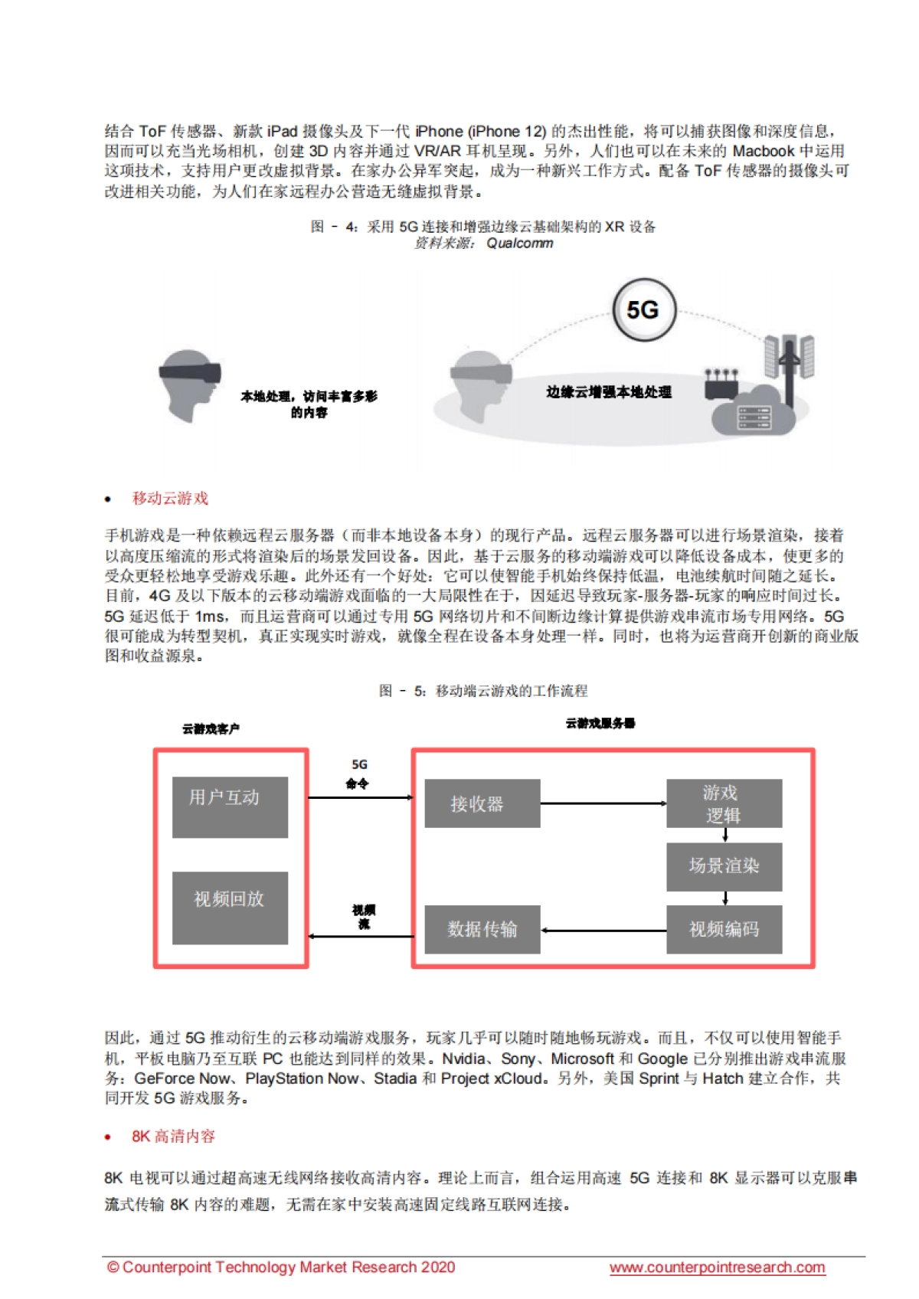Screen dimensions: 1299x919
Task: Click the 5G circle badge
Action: (x=644, y=310)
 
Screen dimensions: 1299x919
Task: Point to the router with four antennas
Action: (x=721, y=385)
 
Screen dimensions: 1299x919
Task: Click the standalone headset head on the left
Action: (x=188, y=385)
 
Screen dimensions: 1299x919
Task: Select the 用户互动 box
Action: (x=230, y=807)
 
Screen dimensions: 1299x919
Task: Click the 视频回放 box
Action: (x=230, y=907)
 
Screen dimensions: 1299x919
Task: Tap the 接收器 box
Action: (x=482, y=803)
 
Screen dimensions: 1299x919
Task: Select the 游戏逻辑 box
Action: (x=724, y=803)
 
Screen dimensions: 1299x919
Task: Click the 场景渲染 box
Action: (x=724, y=866)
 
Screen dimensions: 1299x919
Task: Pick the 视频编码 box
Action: (x=724, y=929)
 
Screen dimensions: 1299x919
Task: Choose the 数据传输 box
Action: (x=482, y=929)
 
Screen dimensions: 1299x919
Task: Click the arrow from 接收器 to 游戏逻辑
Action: (x=603, y=803)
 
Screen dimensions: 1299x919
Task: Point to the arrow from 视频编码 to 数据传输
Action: (x=603, y=930)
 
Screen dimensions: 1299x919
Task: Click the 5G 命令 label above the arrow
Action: (x=358, y=774)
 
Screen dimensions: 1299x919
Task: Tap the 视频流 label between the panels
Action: (x=364, y=916)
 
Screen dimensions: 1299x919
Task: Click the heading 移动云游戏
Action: (x=170, y=499)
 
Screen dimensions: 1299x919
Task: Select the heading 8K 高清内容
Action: (x=173, y=1136)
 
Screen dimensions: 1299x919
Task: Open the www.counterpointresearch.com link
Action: (x=717, y=1268)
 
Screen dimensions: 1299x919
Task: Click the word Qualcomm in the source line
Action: (x=519, y=244)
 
